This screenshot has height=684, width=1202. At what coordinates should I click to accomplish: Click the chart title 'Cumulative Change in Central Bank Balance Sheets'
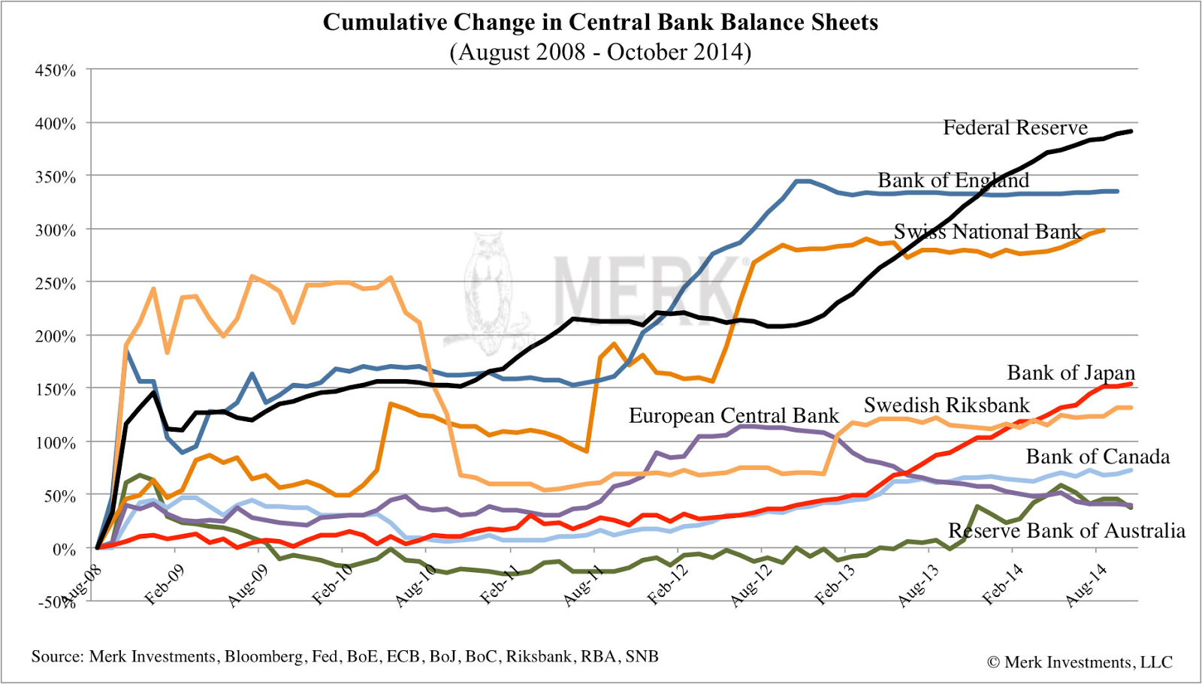click(x=600, y=23)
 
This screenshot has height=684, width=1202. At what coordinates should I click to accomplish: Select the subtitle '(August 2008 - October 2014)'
click(x=600, y=52)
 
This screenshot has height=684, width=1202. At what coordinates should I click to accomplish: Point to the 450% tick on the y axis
click(x=56, y=71)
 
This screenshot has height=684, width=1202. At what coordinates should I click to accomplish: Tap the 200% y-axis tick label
click(x=56, y=336)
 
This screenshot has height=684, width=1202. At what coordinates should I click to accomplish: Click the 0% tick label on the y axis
click(x=64, y=549)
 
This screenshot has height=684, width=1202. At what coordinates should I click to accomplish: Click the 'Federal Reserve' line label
click(x=1015, y=128)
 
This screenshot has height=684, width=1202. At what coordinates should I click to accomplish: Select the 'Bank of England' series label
click(x=953, y=180)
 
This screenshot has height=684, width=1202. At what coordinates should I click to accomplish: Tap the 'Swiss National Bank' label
click(x=987, y=231)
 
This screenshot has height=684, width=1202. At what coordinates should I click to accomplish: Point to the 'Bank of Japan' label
click(x=1071, y=373)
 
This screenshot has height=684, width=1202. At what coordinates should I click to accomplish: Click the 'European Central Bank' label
click(x=733, y=416)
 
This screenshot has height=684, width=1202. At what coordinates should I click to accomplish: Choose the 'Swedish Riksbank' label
click(x=947, y=405)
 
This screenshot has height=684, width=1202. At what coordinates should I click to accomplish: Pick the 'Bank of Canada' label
click(x=1098, y=457)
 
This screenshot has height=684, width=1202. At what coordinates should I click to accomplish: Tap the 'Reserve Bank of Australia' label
click(x=1067, y=531)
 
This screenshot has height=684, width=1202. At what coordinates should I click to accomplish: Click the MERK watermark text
click(x=646, y=289)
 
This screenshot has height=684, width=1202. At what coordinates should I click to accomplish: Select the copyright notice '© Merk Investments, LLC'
click(x=1080, y=662)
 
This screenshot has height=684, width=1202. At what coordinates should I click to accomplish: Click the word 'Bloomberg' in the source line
click(x=264, y=657)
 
